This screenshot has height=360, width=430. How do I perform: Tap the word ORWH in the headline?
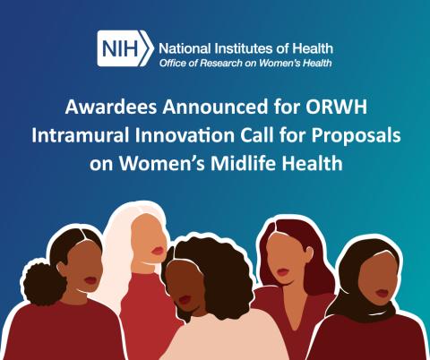coord(339,110)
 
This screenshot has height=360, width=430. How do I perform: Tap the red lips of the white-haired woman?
coord(158,250)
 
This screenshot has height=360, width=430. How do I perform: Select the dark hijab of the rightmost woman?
coord(357,287)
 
